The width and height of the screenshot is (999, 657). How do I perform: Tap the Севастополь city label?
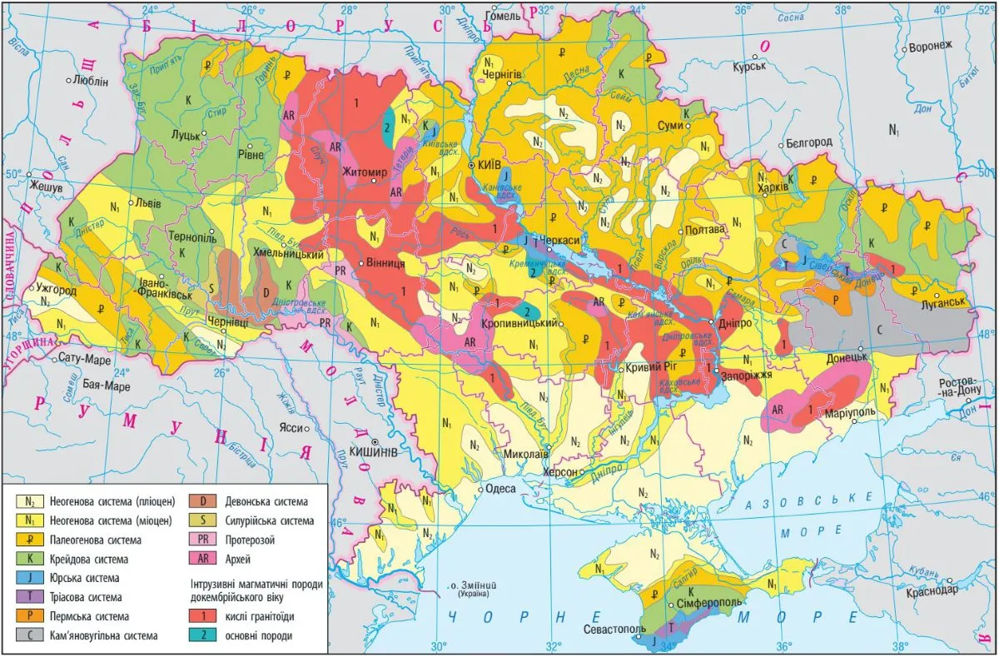pos(614,629)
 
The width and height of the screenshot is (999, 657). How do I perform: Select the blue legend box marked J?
pos(30,578)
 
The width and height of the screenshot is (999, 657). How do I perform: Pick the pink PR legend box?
pos(201,540)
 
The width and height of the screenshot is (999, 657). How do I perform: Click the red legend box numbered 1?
pos(201,616)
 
